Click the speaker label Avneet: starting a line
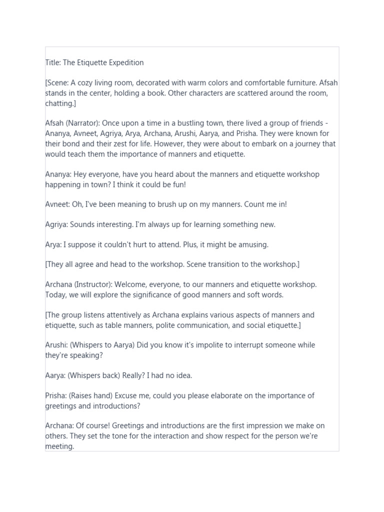coord(57,204)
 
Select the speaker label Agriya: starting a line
coord(56,224)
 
